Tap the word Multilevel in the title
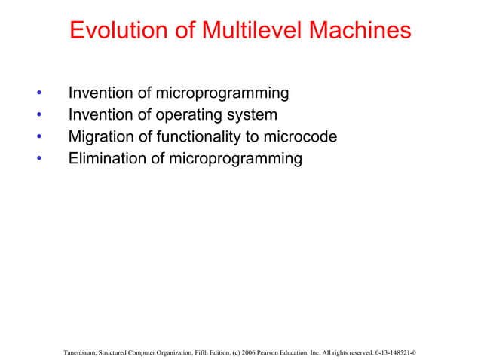(239, 31)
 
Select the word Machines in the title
(358, 31)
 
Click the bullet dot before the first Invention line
(38, 94)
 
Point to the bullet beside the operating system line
(38, 116)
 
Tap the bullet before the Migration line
(38, 137)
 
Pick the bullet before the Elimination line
(38, 159)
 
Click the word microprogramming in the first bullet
(222, 94)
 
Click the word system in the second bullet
(251, 115)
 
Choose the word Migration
(103, 137)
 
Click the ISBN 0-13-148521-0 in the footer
(397, 352)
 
